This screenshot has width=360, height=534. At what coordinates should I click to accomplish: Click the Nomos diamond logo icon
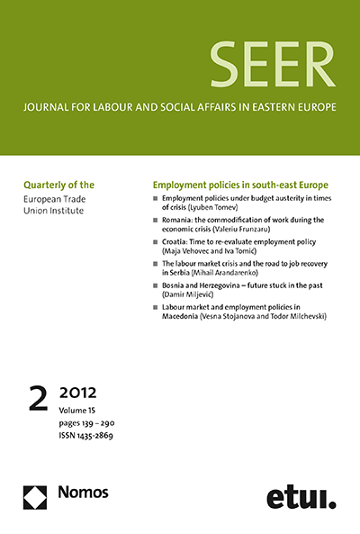click(37, 496)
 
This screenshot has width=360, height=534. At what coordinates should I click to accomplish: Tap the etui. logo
click(301, 496)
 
